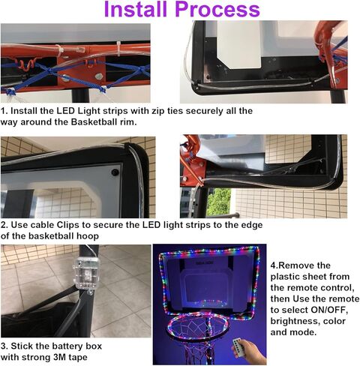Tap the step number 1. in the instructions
click(5, 110)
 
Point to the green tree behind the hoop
click(218, 201)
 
